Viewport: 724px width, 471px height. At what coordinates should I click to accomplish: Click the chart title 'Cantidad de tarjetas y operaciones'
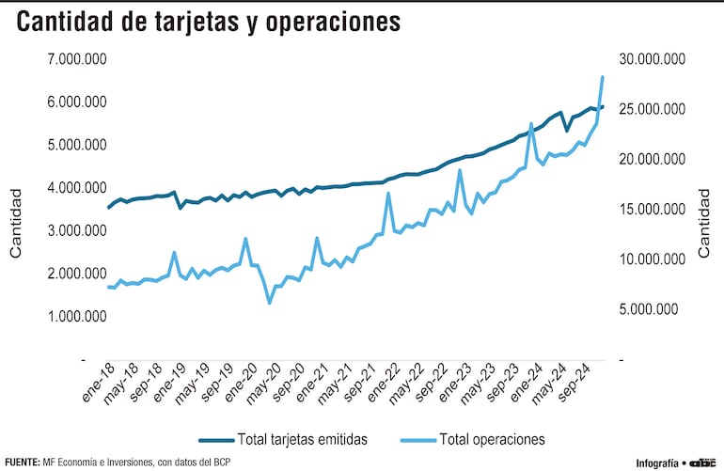207,23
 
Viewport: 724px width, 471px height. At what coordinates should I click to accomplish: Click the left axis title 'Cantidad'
15,222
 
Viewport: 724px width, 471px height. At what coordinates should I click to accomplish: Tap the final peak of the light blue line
602,76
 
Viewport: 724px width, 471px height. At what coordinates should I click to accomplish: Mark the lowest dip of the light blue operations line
269,303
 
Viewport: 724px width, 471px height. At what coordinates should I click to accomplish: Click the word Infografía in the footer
658,463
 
